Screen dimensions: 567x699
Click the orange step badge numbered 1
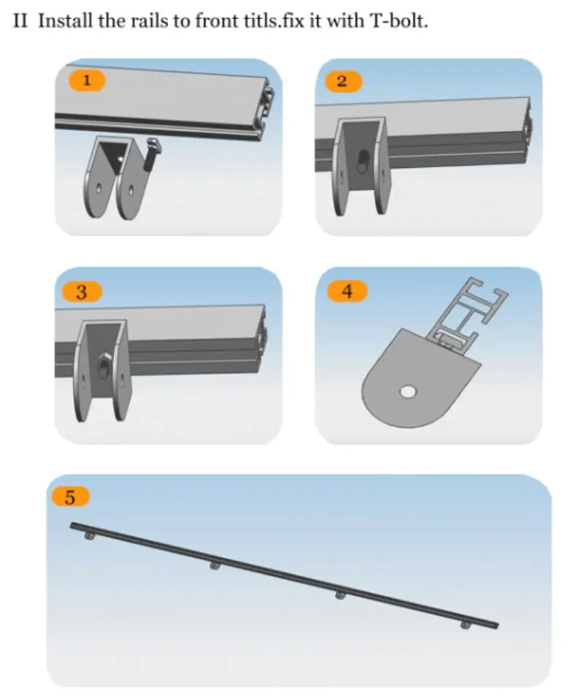click(86, 80)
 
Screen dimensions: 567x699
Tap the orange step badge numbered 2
click(343, 81)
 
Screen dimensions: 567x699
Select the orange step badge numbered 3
click(82, 292)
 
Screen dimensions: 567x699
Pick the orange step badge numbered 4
click(347, 291)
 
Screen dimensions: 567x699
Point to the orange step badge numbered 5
click(70, 497)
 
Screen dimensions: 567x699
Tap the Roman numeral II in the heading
click(20, 21)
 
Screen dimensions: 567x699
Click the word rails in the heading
click(150, 21)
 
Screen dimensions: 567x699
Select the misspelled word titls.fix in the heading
click(271, 21)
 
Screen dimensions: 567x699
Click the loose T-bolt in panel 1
click(151, 154)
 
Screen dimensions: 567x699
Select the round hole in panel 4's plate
click(408, 392)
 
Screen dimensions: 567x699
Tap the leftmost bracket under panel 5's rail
click(89, 535)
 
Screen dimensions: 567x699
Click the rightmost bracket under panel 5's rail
click(465, 625)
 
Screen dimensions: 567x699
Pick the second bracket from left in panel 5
click(215, 566)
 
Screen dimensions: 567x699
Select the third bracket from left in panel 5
click(340, 595)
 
